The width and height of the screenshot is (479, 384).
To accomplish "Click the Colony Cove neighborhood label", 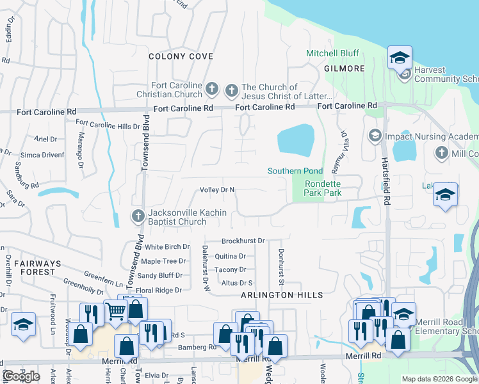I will [x=181, y=56].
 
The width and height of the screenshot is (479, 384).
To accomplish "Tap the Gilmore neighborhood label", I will [x=345, y=68].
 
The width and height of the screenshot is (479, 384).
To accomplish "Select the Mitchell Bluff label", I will [x=332, y=53].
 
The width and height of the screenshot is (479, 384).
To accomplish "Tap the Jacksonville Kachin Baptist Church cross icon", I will [x=137, y=216].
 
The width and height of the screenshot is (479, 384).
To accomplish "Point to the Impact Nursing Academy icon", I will [x=375, y=136].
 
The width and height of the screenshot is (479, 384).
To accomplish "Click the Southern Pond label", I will [x=295, y=171].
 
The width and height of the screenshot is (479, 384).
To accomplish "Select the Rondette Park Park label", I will [x=322, y=188].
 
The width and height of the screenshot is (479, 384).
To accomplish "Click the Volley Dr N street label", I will [x=218, y=190].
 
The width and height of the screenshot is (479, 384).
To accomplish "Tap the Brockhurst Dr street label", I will [x=243, y=241].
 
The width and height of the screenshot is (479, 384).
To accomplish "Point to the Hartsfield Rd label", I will [x=385, y=180].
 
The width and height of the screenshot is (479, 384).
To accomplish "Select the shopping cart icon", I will [x=115, y=312].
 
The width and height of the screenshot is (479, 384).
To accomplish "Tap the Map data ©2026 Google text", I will [x=439, y=379].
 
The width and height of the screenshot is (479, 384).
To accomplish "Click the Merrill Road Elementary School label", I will [x=446, y=326].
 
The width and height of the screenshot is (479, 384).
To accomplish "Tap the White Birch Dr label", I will [x=167, y=246].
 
